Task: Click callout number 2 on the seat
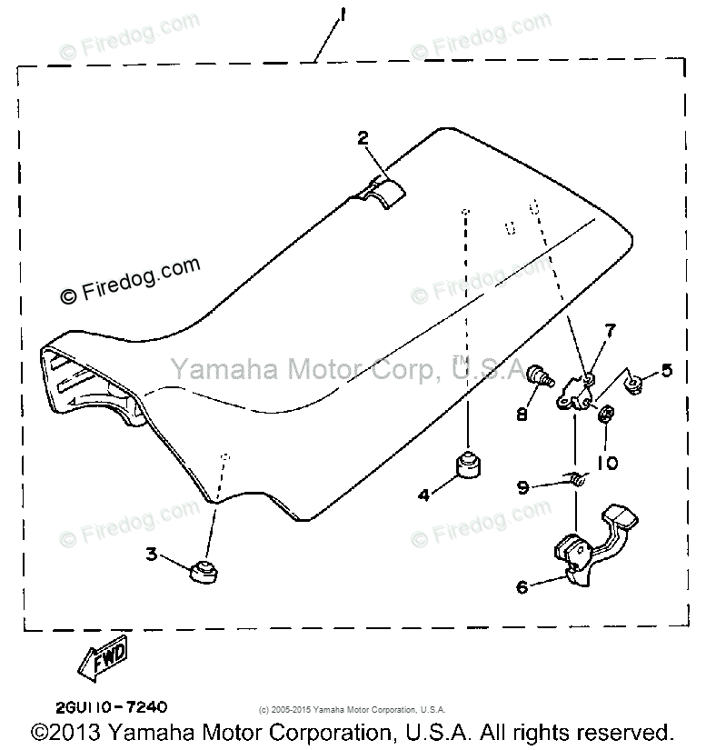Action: pos(363,138)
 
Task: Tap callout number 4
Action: pos(423,495)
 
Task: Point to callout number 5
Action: pos(667,370)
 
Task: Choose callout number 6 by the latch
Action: pos(522,587)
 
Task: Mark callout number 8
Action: pos(522,415)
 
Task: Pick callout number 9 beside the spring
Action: pos(522,486)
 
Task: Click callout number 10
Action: pos(607,463)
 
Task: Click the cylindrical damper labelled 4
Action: pos(467,466)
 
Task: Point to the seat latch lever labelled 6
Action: pos(591,545)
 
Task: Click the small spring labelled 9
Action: pos(575,479)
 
